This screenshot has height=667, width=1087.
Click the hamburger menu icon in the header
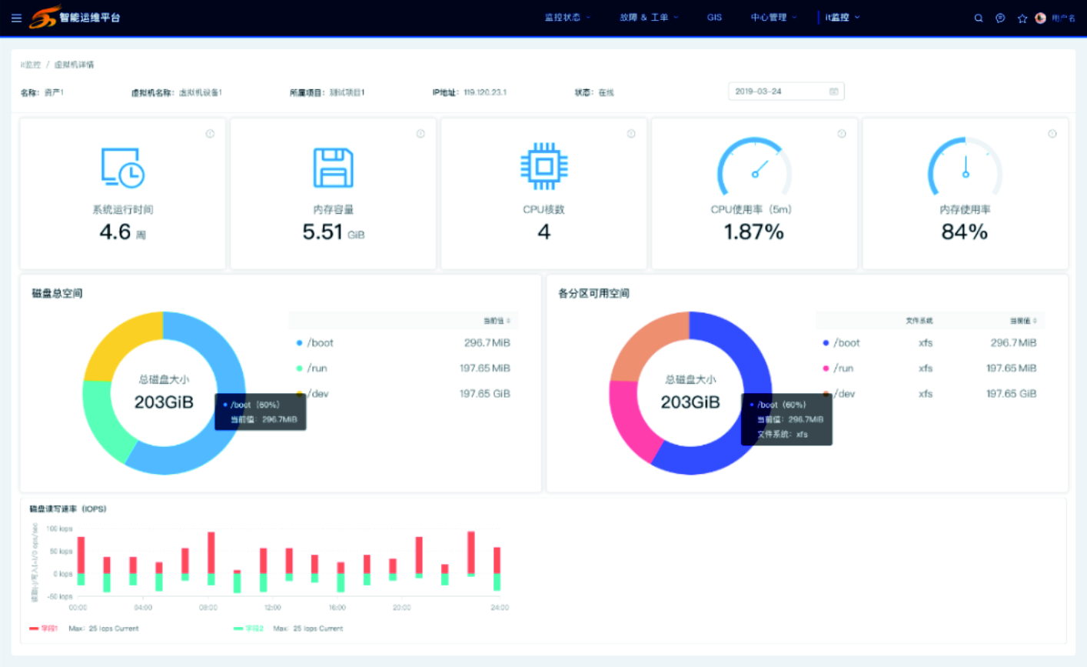pos(16,18)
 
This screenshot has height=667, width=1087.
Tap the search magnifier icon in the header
pos(979,18)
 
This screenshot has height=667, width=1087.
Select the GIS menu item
pos(714,18)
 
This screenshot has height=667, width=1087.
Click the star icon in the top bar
pos(1022,18)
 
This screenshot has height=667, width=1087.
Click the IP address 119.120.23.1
pos(485,92)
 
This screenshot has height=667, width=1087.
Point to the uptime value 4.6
pos(115,232)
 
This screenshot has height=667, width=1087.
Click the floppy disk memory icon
pos(334,168)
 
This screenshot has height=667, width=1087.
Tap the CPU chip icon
pos(544,166)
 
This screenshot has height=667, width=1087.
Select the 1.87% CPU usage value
pos(753,232)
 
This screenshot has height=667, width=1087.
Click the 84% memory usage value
pos(964,232)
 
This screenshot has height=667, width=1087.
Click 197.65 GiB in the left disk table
pos(484,394)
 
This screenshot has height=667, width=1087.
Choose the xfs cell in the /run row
pos(926,369)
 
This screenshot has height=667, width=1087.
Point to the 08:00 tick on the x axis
pos(208,608)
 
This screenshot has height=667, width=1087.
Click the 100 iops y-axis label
pos(59,529)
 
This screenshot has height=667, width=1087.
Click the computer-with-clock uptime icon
pos(123,168)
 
